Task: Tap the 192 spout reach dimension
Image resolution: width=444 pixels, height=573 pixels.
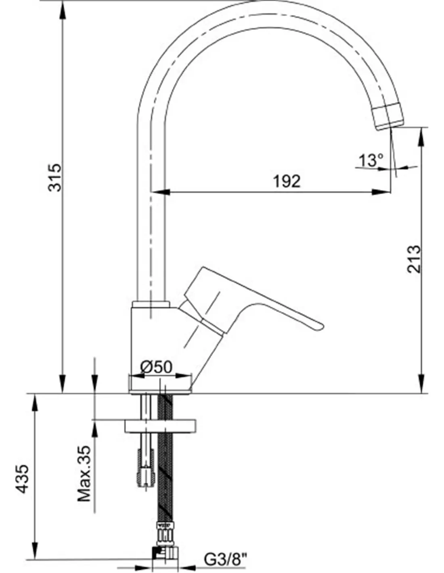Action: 287,181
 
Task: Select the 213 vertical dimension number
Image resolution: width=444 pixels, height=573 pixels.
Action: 413,259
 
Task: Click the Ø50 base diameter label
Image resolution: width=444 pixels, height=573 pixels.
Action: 156,367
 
